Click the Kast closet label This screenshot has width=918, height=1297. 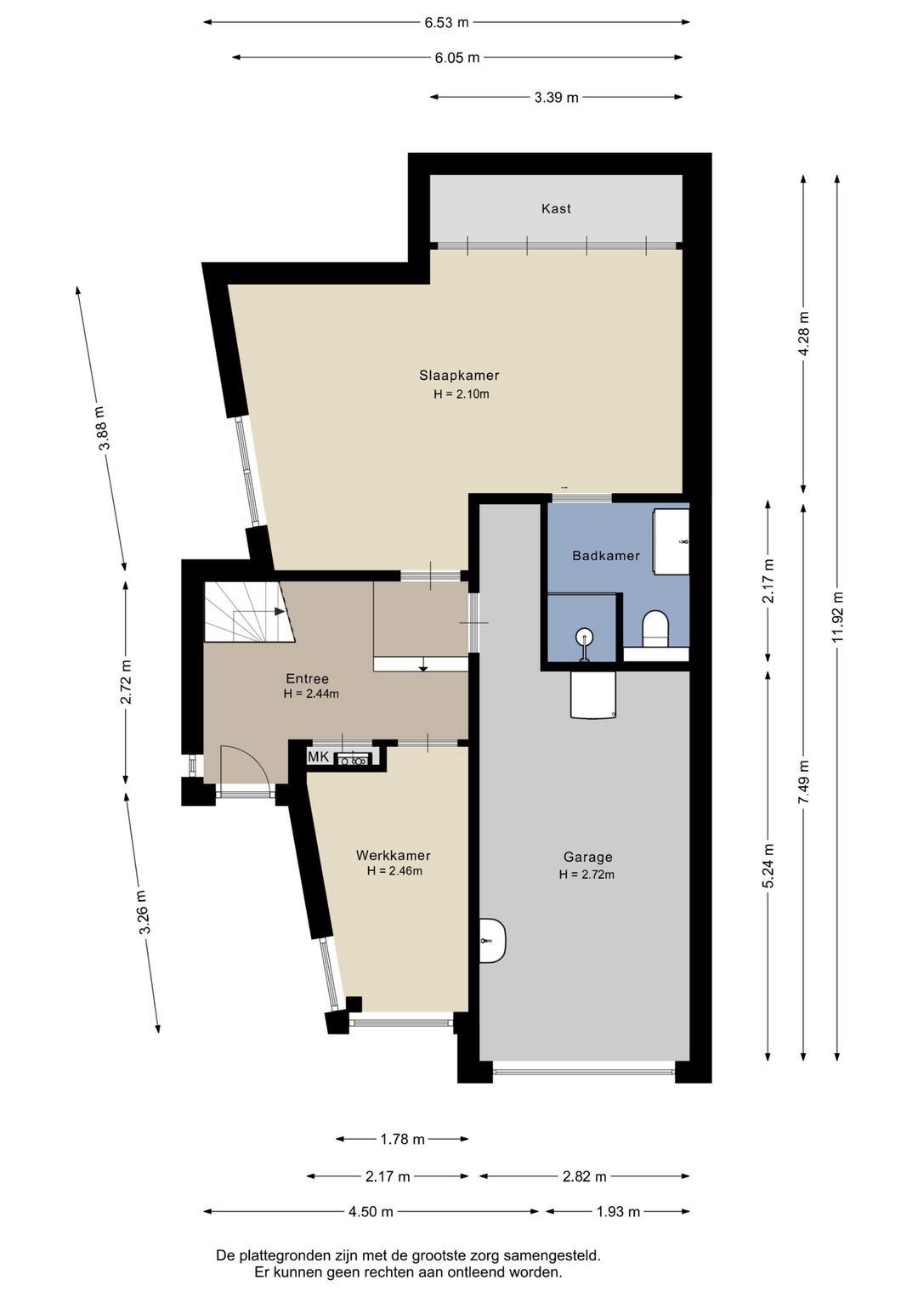(x=556, y=208)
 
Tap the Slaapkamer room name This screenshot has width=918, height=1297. (x=459, y=375)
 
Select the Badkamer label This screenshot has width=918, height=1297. (x=606, y=556)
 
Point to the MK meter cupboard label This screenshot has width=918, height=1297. (x=318, y=756)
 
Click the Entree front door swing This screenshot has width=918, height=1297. (x=245, y=764)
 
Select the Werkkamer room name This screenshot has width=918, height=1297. (x=394, y=855)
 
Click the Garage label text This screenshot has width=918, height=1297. (x=588, y=857)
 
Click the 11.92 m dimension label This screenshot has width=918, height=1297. (x=838, y=617)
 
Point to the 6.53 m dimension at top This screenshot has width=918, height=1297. (x=446, y=23)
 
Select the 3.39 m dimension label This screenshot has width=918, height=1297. (x=556, y=98)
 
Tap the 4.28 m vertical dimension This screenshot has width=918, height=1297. (x=803, y=334)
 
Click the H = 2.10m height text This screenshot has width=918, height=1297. (x=462, y=394)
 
